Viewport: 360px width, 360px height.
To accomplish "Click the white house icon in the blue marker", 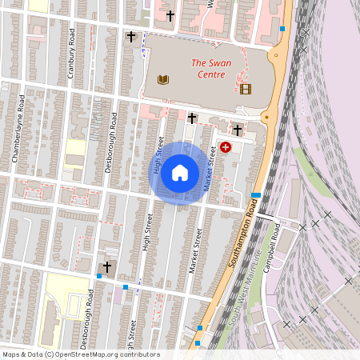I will (x=180, y=172).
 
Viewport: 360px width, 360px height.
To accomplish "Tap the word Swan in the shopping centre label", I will (x=219, y=62).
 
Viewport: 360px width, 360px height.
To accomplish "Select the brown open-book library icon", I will (x=164, y=79).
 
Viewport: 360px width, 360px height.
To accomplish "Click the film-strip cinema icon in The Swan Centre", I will (x=245, y=89).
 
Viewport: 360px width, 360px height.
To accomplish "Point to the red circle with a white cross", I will (x=226, y=147).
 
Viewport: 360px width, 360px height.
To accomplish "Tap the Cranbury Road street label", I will (x=71, y=54).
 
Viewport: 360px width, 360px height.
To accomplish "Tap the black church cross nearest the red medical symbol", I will (x=238, y=130).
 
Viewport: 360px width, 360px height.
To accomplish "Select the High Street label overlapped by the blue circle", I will (x=158, y=156).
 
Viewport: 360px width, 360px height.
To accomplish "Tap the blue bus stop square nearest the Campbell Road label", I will (x=255, y=195).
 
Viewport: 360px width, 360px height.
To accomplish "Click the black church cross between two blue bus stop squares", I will (x=107, y=267).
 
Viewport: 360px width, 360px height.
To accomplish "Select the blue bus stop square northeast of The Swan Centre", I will (x=282, y=30).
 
